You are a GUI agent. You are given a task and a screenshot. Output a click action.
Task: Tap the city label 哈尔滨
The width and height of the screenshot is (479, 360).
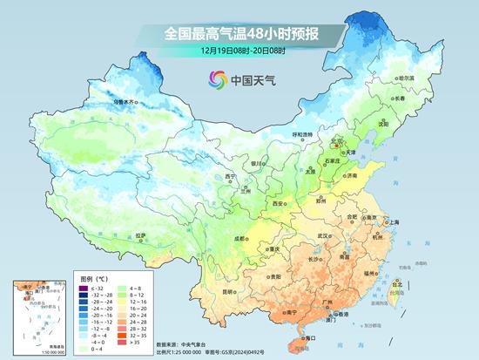tap(406, 78)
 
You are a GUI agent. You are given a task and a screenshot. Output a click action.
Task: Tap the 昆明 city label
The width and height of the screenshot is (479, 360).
tap(230, 290)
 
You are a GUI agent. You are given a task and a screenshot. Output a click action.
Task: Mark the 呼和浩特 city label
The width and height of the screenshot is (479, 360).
tap(301, 135)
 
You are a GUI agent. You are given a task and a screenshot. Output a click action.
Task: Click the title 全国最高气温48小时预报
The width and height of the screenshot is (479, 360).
tap(239, 33)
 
